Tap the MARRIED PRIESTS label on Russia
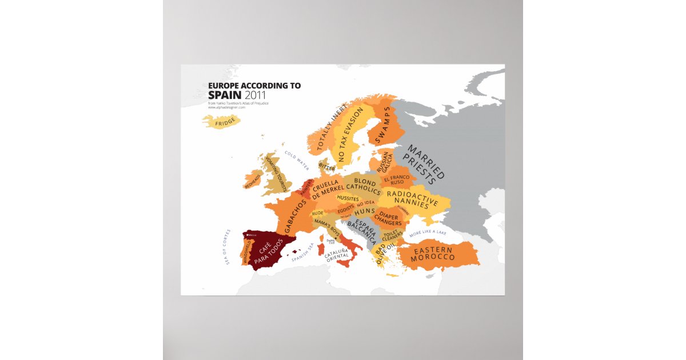[424, 163]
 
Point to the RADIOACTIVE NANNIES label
[412, 198]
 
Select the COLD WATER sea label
[297, 161]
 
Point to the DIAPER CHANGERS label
[388, 219]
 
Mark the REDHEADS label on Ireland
[252, 182]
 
